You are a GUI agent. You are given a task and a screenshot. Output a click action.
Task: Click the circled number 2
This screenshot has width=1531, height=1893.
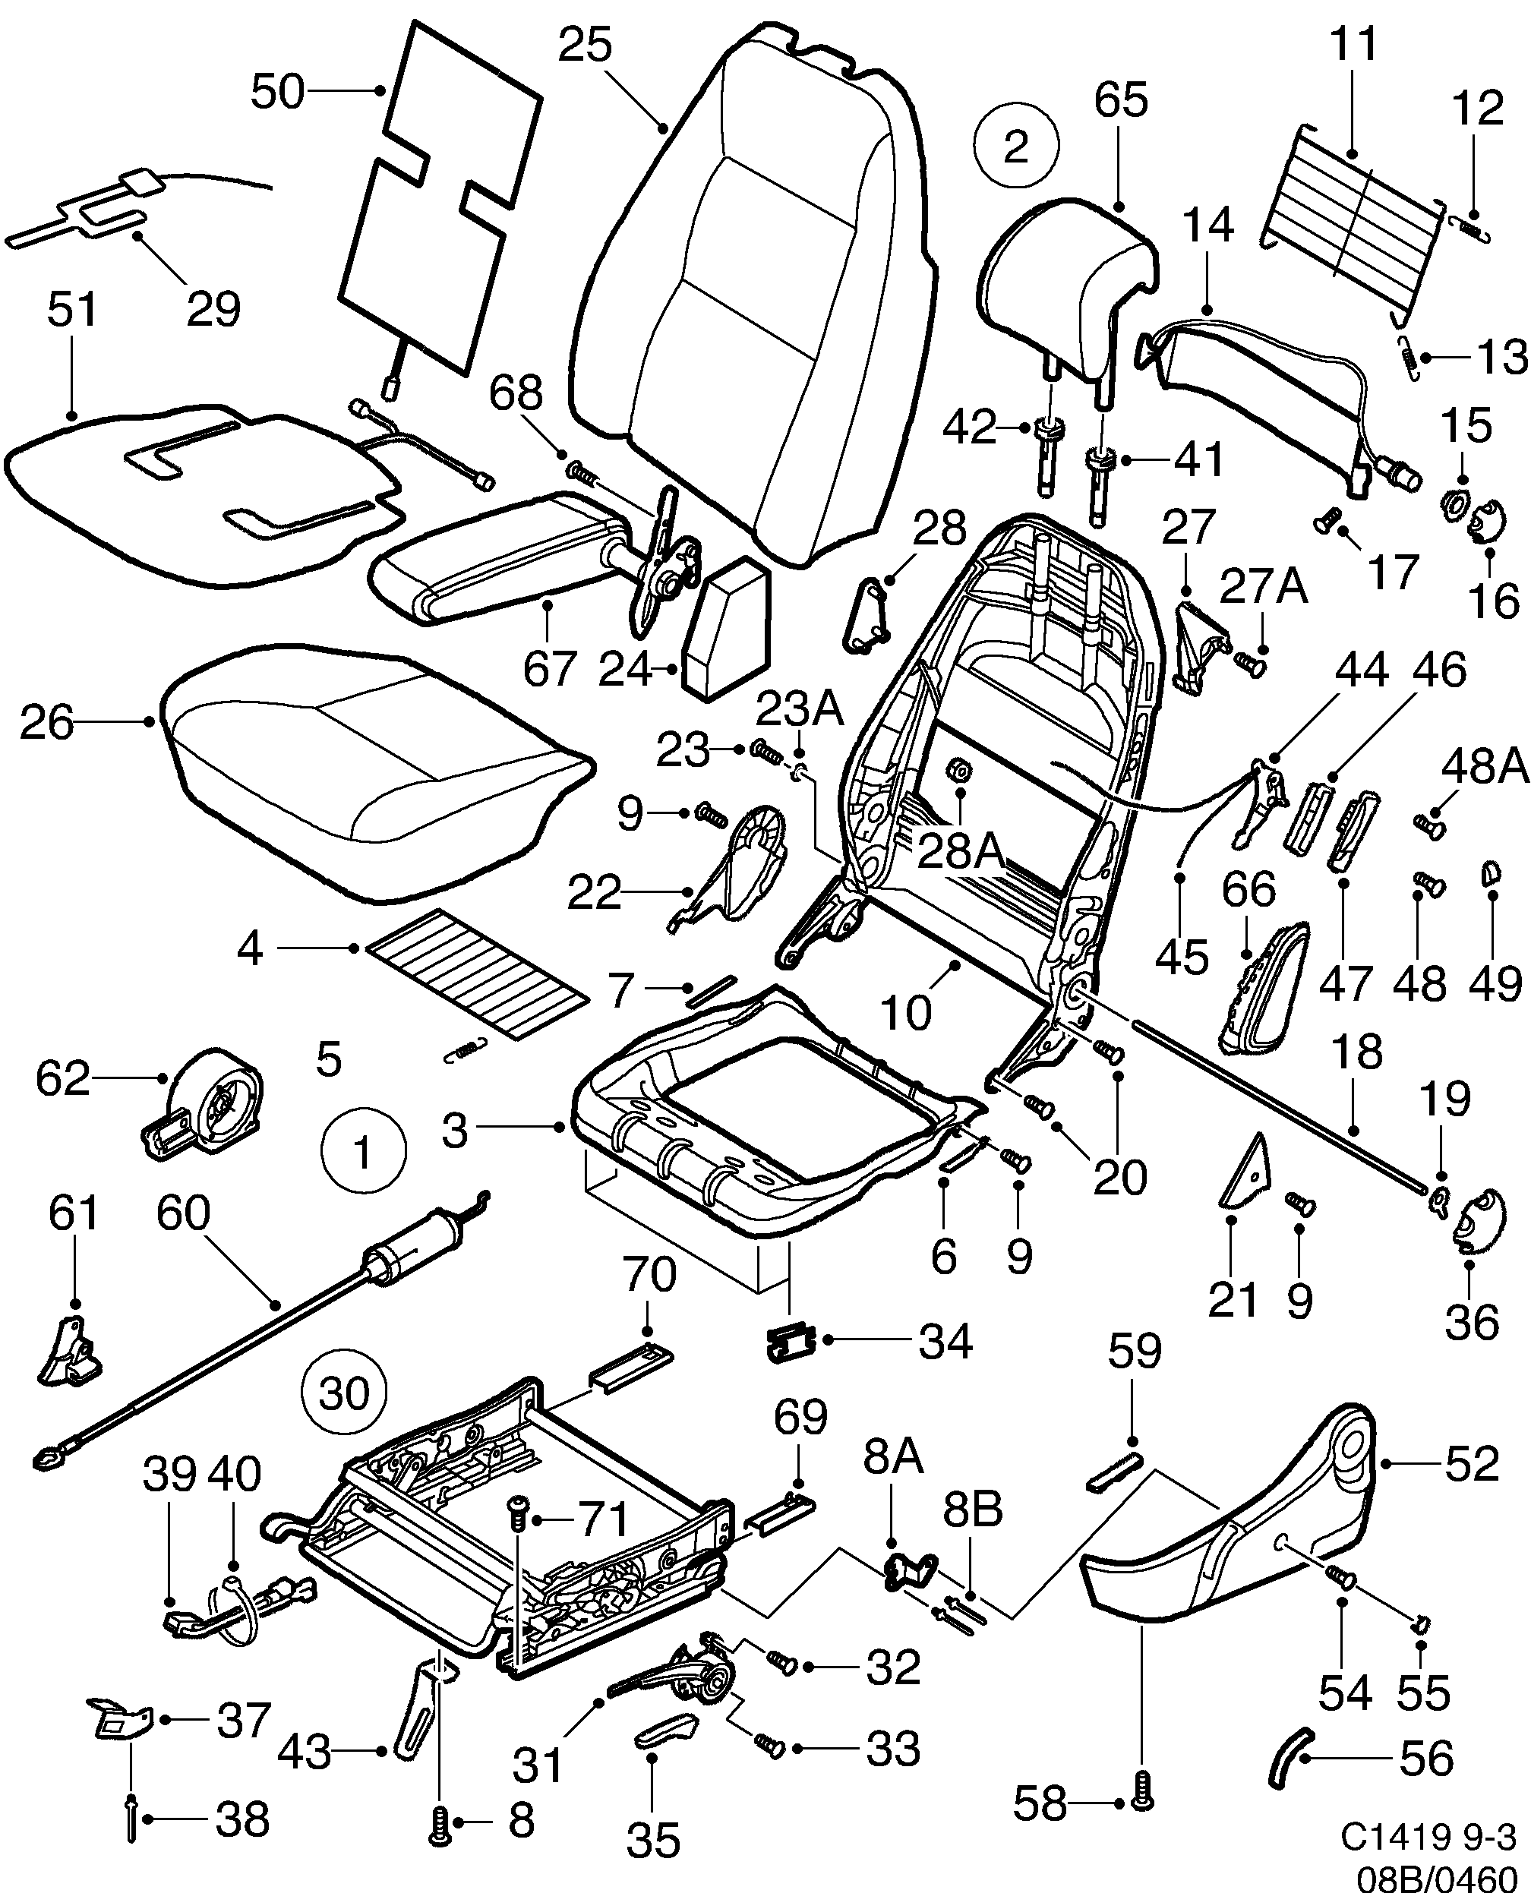(1017, 146)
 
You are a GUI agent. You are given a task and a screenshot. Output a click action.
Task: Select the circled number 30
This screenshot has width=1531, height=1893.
(344, 1394)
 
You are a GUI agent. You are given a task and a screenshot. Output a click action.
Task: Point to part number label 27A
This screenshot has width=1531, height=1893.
(1263, 586)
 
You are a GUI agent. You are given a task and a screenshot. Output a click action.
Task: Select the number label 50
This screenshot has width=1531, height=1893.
(277, 92)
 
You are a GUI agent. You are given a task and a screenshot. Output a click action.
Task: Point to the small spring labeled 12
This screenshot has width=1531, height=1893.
(1471, 228)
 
